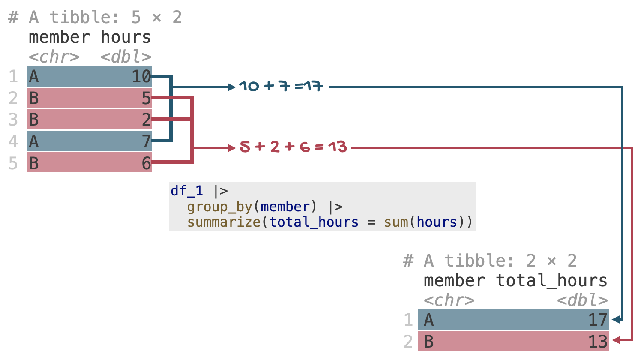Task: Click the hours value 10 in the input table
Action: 141,77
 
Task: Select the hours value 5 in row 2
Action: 146,99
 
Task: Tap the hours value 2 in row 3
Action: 146,120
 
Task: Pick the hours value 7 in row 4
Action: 146,141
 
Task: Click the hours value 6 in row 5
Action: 146,163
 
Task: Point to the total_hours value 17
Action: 598,320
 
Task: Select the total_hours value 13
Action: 598,342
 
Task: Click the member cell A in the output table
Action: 428,320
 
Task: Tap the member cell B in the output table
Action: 428,342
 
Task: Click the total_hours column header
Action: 551,281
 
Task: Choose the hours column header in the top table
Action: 126,37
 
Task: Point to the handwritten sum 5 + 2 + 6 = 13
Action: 293,147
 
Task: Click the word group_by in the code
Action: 220,207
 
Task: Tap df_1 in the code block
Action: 187,191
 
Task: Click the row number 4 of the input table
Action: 13,141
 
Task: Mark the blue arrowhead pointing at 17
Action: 617,320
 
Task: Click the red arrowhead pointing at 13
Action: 617,340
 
